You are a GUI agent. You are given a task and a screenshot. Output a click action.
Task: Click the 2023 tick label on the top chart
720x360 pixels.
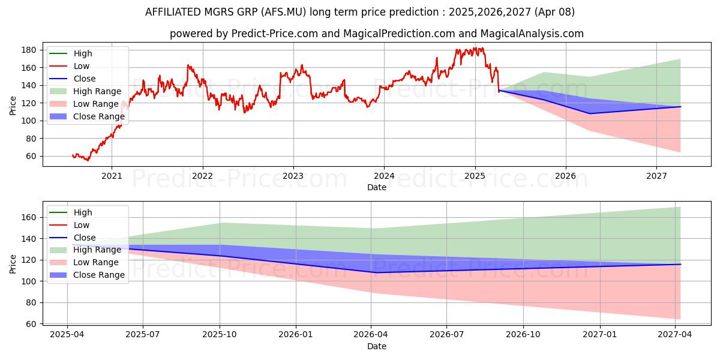point(293,176)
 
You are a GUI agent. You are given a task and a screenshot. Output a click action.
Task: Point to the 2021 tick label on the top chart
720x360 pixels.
point(112,176)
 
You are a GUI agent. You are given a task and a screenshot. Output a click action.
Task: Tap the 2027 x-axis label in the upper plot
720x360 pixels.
point(656,176)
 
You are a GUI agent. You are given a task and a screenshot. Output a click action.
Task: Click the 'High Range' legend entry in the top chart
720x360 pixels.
point(97,91)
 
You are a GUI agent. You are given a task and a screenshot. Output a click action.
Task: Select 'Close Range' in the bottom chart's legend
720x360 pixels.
point(99,275)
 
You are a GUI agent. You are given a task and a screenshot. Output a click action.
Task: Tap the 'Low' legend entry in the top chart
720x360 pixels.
point(82,66)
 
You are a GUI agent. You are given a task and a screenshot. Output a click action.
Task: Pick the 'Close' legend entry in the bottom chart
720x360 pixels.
point(85,238)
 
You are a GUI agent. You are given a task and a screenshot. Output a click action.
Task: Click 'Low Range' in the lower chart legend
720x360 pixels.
point(96,262)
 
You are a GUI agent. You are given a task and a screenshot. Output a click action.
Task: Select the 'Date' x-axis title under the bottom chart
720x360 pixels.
point(377,346)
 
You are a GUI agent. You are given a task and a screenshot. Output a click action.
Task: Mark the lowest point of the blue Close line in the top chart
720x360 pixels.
point(589,113)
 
